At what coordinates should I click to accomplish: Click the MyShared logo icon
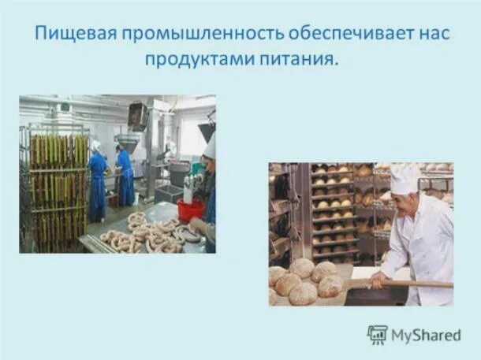[378, 334]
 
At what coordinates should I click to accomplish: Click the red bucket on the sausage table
[190, 210]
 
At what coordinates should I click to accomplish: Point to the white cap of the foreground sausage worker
[209, 145]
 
